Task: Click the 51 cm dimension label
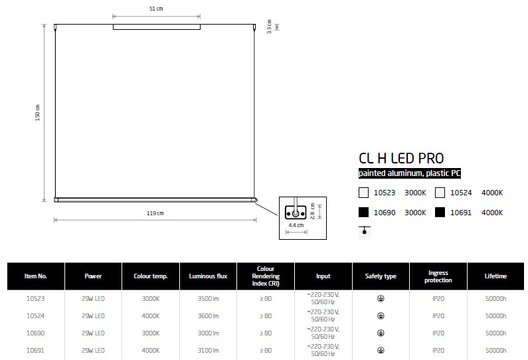(x=156, y=9)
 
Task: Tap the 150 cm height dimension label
(x=37, y=113)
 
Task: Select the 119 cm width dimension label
(x=155, y=213)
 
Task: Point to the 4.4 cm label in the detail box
(x=296, y=225)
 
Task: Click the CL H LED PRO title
(x=401, y=158)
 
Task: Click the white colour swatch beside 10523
(x=364, y=193)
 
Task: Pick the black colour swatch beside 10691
(x=440, y=213)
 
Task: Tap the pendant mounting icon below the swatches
(x=365, y=231)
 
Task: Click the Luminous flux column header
(x=208, y=276)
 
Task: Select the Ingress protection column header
(x=438, y=276)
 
